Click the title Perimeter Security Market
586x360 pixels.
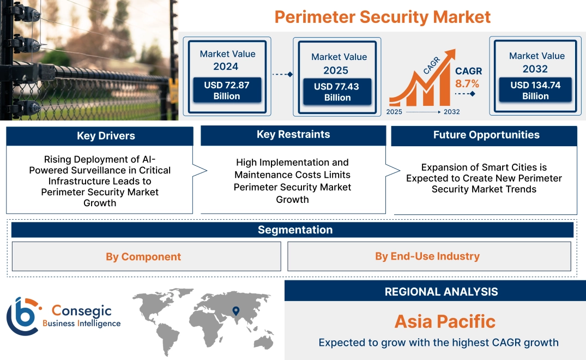click(x=382, y=16)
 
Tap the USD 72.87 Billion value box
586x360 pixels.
click(x=227, y=91)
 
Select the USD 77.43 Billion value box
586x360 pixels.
click(x=337, y=92)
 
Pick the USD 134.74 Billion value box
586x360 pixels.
click(x=535, y=90)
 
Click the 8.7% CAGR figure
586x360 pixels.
click(x=467, y=83)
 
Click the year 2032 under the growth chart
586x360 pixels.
click(x=451, y=112)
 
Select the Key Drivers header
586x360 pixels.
click(x=106, y=136)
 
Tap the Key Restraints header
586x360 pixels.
click(x=293, y=135)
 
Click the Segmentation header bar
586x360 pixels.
click(x=295, y=230)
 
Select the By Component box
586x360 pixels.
click(x=143, y=256)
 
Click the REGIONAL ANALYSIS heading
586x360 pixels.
click(x=441, y=291)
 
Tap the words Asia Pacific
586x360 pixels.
click(x=445, y=321)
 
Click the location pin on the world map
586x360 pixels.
click(x=236, y=311)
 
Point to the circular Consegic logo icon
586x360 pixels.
click(x=22, y=316)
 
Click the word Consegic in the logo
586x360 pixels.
click(x=81, y=311)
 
